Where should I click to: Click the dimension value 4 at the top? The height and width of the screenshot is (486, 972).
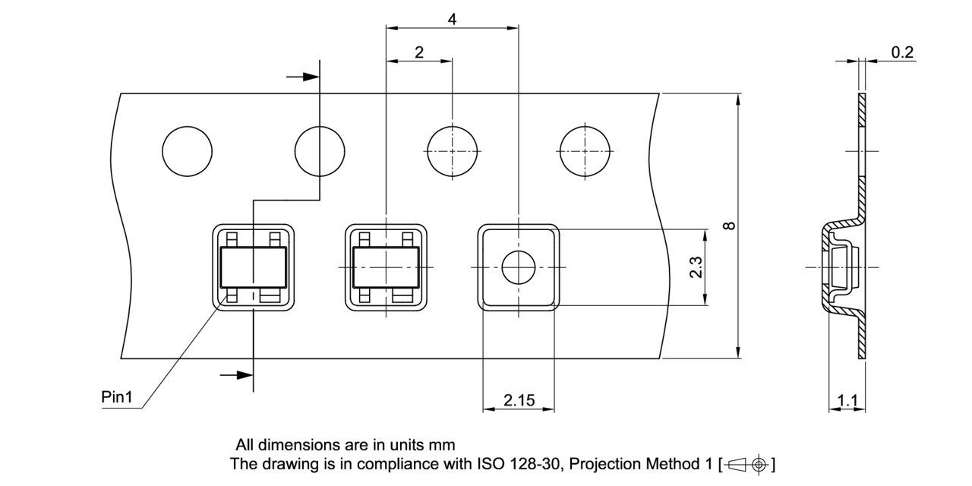(x=452, y=19)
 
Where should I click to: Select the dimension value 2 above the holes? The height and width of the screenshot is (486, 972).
(x=419, y=52)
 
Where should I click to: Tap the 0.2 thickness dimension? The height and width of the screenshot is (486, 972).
(x=902, y=52)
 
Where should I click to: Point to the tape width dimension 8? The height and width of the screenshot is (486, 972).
(x=730, y=226)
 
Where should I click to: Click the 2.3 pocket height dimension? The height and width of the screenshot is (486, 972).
(x=696, y=267)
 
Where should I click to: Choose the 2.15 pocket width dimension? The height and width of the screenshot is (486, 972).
(x=518, y=400)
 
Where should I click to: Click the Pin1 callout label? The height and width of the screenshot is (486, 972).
(x=117, y=397)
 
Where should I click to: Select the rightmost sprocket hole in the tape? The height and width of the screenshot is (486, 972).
(x=585, y=150)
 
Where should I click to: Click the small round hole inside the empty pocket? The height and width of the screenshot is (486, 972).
(x=519, y=267)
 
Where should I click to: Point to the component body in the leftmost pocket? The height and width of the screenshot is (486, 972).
(x=253, y=267)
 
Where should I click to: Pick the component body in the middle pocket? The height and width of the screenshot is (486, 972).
(x=386, y=267)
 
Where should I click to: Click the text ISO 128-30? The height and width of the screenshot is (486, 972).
(x=515, y=464)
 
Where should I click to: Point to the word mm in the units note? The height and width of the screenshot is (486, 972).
(x=440, y=445)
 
